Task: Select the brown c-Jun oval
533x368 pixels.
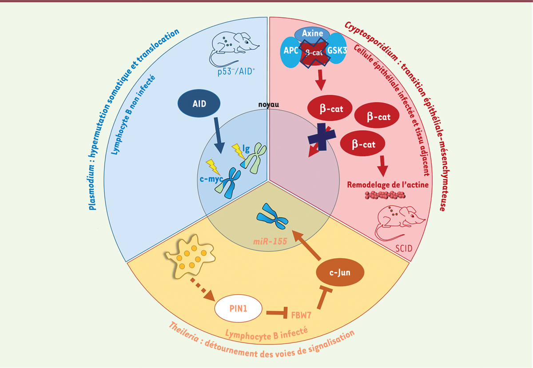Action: click(340, 272)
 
